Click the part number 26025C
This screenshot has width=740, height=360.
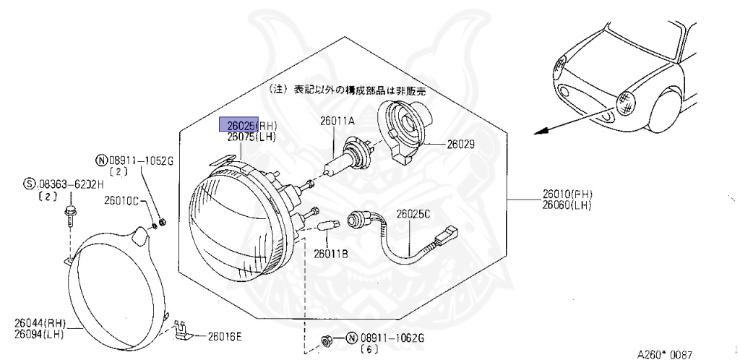coord(412,213)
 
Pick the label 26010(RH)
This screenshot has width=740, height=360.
coord(568,194)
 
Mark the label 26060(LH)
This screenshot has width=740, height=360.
coord(568,206)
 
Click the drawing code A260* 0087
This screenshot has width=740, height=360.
coord(665,354)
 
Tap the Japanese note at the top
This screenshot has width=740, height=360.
coord(348,91)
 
